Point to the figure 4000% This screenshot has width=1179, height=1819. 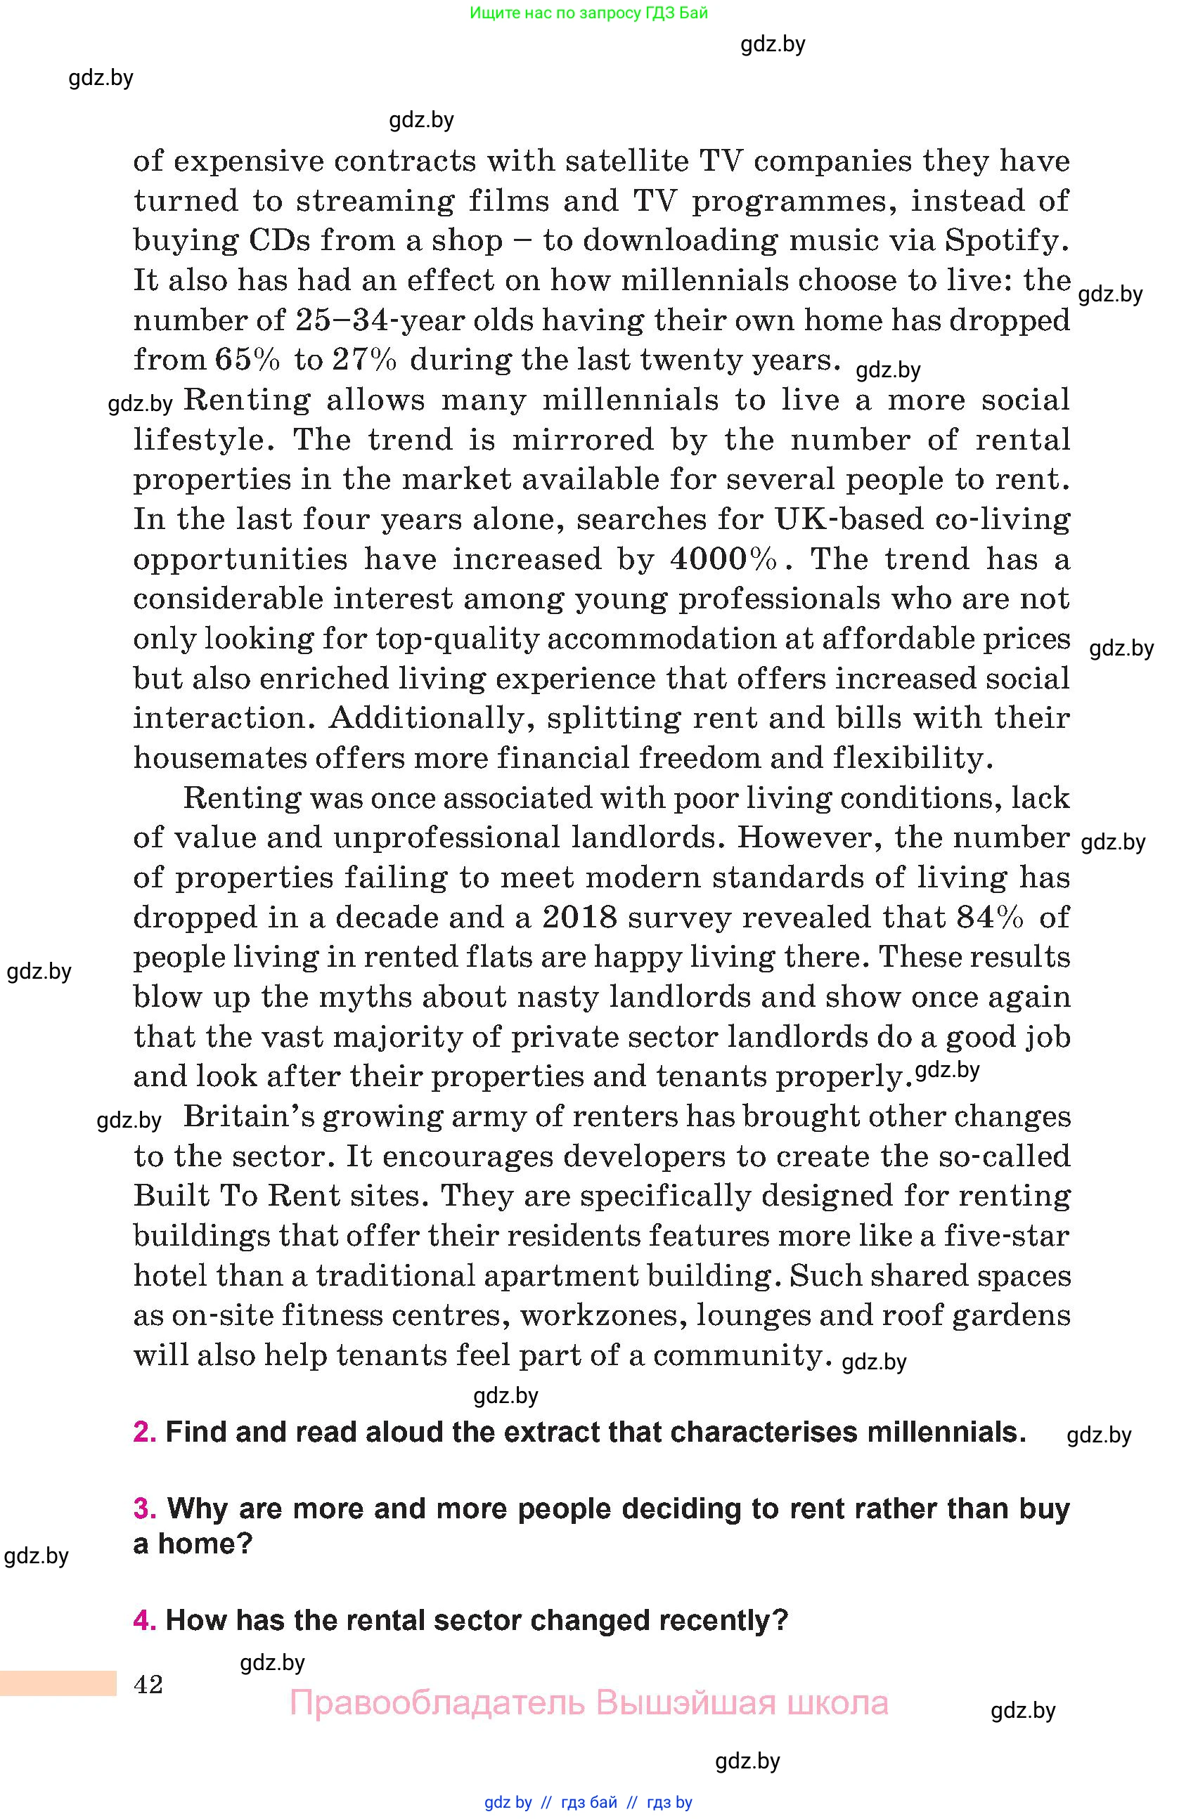point(723,559)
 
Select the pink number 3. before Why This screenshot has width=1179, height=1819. point(145,1508)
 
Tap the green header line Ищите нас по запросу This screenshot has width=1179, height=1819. point(588,13)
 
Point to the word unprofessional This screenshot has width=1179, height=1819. point(446,837)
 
